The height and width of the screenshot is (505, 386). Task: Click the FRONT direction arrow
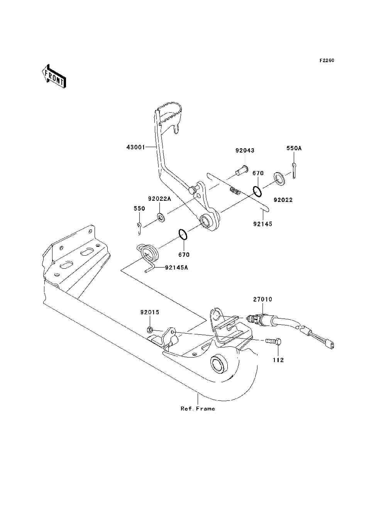pyautogui.click(x=54, y=76)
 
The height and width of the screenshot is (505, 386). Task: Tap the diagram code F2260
pyautogui.click(x=327, y=61)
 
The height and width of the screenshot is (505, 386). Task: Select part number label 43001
pyautogui.click(x=136, y=147)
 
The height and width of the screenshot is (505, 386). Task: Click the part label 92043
pyautogui.click(x=245, y=151)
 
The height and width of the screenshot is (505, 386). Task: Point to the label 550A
pyautogui.click(x=294, y=148)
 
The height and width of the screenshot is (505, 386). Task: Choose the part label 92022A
pyautogui.click(x=159, y=199)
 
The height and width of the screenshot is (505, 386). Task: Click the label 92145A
pyautogui.click(x=176, y=268)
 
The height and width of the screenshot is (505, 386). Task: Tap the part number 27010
pyautogui.click(x=263, y=299)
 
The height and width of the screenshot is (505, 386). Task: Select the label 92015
pyautogui.click(x=150, y=312)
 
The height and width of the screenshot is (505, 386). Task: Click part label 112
pyautogui.click(x=278, y=360)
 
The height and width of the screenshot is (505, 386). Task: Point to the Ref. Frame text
pyautogui.click(x=198, y=408)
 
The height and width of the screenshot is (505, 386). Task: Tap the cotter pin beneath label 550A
pyautogui.click(x=294, y=170)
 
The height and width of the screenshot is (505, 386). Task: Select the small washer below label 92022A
pyautogui.click(x=161, y=217)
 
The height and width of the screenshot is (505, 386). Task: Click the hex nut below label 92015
pyautogui.click(x=149, y=330)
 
